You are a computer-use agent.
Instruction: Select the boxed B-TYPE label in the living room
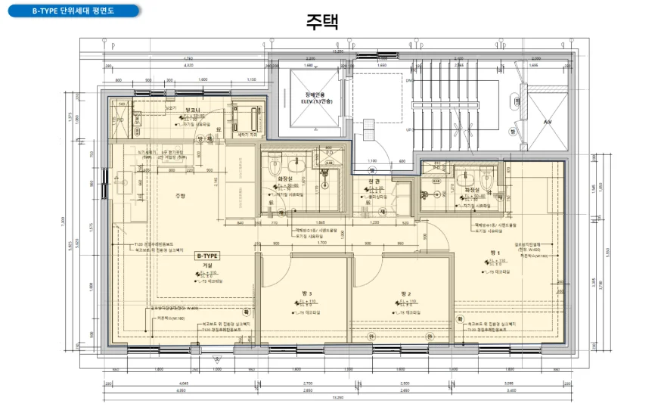click(x=206, y=256)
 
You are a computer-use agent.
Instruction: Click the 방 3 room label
click(x=306, y=293)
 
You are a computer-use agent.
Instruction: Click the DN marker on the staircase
click(x=409, y=80)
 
